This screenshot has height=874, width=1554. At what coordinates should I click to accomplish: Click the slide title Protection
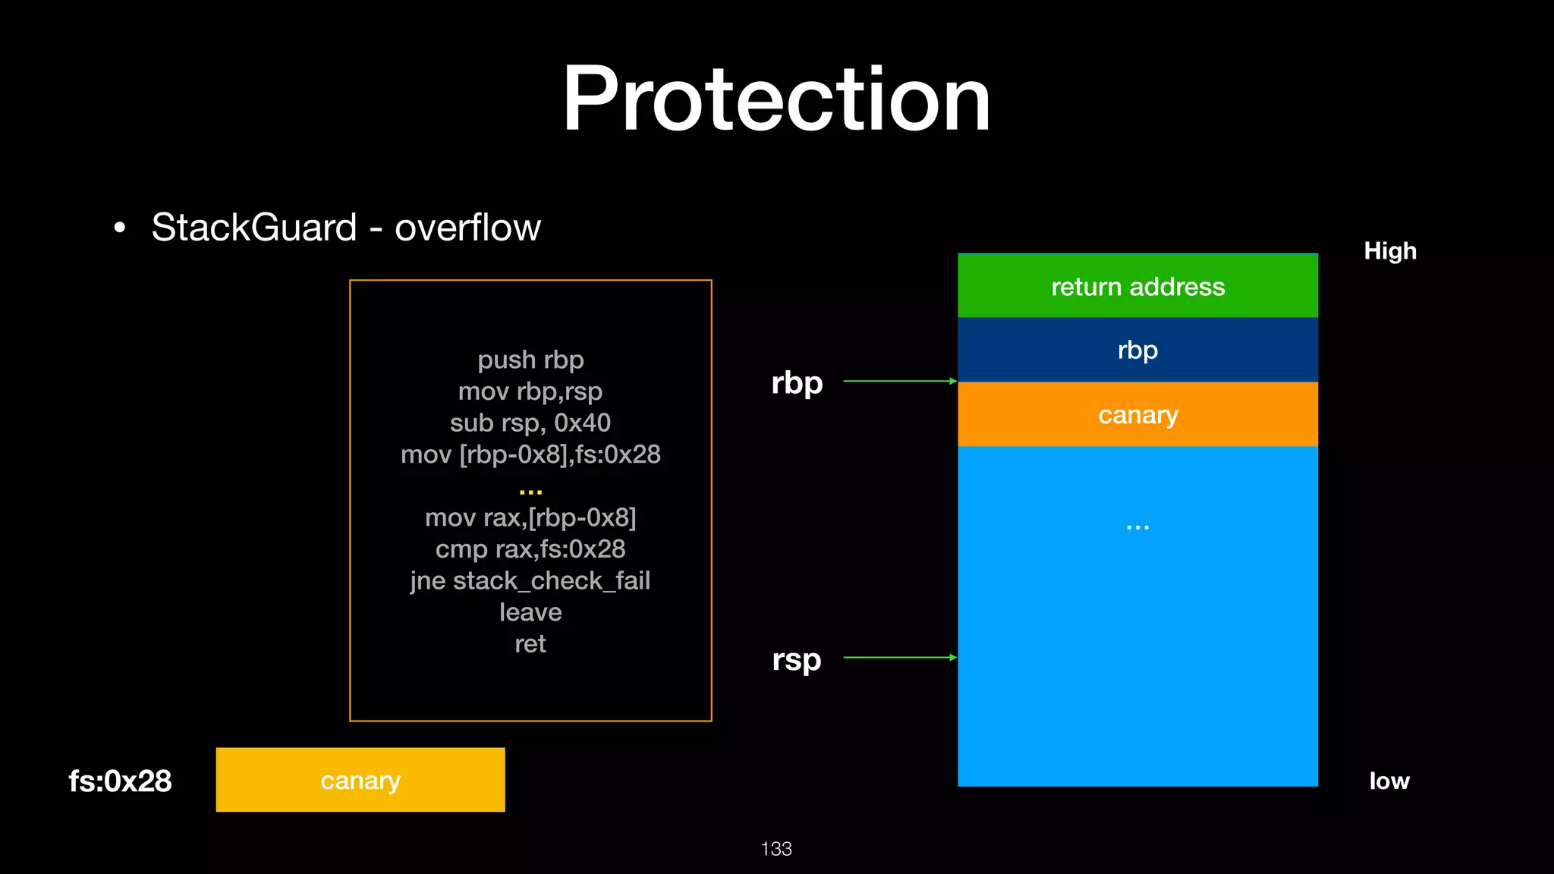[776, 99]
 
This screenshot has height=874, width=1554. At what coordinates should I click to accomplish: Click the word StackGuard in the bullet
[254, 227]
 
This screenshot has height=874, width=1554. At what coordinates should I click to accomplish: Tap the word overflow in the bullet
[467, 227]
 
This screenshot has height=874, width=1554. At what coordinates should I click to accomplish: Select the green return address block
[1137, 286]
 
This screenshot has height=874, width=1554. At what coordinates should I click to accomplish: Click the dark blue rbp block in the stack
[1137, 350]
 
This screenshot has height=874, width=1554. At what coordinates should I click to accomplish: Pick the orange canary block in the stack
[1137, 414]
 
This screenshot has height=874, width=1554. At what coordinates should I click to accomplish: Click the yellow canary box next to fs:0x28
[360, 780]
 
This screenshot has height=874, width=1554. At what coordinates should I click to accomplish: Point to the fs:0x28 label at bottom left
[120, 781]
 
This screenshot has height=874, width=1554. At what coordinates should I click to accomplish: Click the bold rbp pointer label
[797, 382]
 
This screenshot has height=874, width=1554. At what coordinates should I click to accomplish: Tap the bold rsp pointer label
[797, 659]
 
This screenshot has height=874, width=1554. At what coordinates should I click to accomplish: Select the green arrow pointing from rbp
[900, 381]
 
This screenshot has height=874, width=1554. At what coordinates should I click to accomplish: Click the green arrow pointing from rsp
[900, 657]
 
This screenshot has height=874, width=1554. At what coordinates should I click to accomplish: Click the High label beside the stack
[1390, 250]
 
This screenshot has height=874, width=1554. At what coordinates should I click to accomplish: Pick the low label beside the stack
[1389, 781]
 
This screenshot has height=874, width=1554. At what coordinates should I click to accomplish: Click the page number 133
[776, 848]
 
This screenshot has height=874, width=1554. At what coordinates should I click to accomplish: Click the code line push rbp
[530, 360]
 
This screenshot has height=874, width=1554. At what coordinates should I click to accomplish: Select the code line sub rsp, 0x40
[530, 423]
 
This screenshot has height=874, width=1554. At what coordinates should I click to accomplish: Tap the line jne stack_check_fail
[530, 580]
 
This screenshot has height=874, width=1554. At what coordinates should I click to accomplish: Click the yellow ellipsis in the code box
[530, 492]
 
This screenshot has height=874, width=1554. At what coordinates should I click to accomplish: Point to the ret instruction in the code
[530, 643]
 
